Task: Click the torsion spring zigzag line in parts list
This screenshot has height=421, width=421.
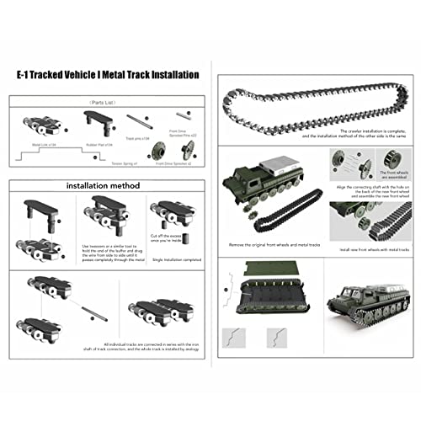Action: [67, 155]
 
